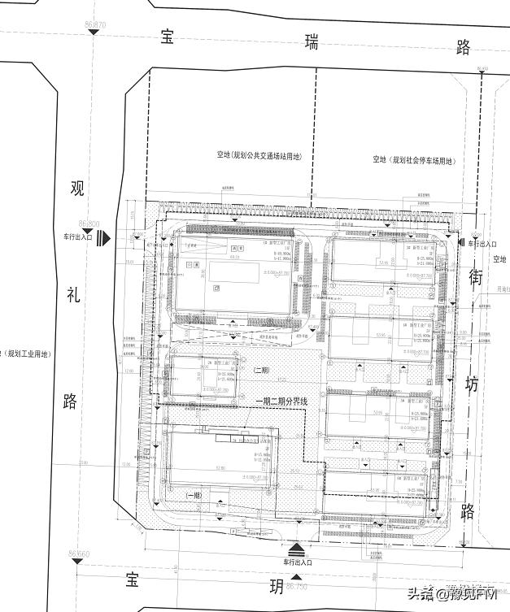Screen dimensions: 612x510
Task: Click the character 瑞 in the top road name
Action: (x=310, y=42)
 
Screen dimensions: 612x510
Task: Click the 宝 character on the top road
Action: (x=168, y=37)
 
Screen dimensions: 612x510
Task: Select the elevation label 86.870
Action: (x=94, y=26)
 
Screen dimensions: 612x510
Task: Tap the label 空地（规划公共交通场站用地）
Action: (x=258, y=155)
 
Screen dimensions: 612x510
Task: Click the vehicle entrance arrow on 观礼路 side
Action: (x=103, y=239)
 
